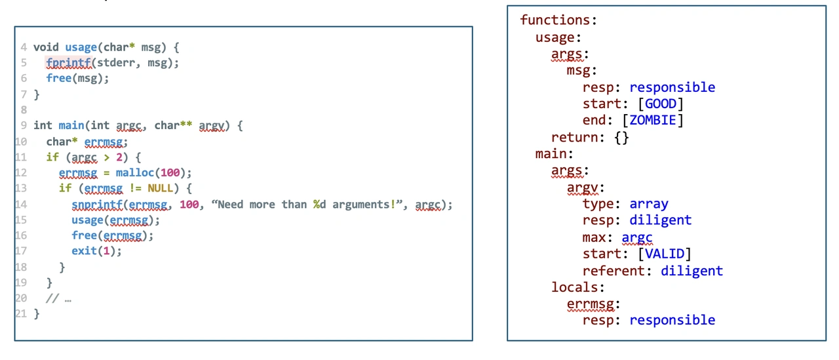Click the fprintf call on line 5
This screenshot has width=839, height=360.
coord(68,63)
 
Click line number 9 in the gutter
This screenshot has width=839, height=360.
coord(24,125)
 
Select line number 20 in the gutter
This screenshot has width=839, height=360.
coord(21,298)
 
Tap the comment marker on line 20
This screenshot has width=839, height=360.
coord(52,298)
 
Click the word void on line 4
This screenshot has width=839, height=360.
coord(46,47)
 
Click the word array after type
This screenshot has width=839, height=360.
coord(648,204)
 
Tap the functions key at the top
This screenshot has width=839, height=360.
coord(558,20)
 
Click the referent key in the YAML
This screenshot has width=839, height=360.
coord(617,271)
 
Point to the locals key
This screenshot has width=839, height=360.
coord(574,287)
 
